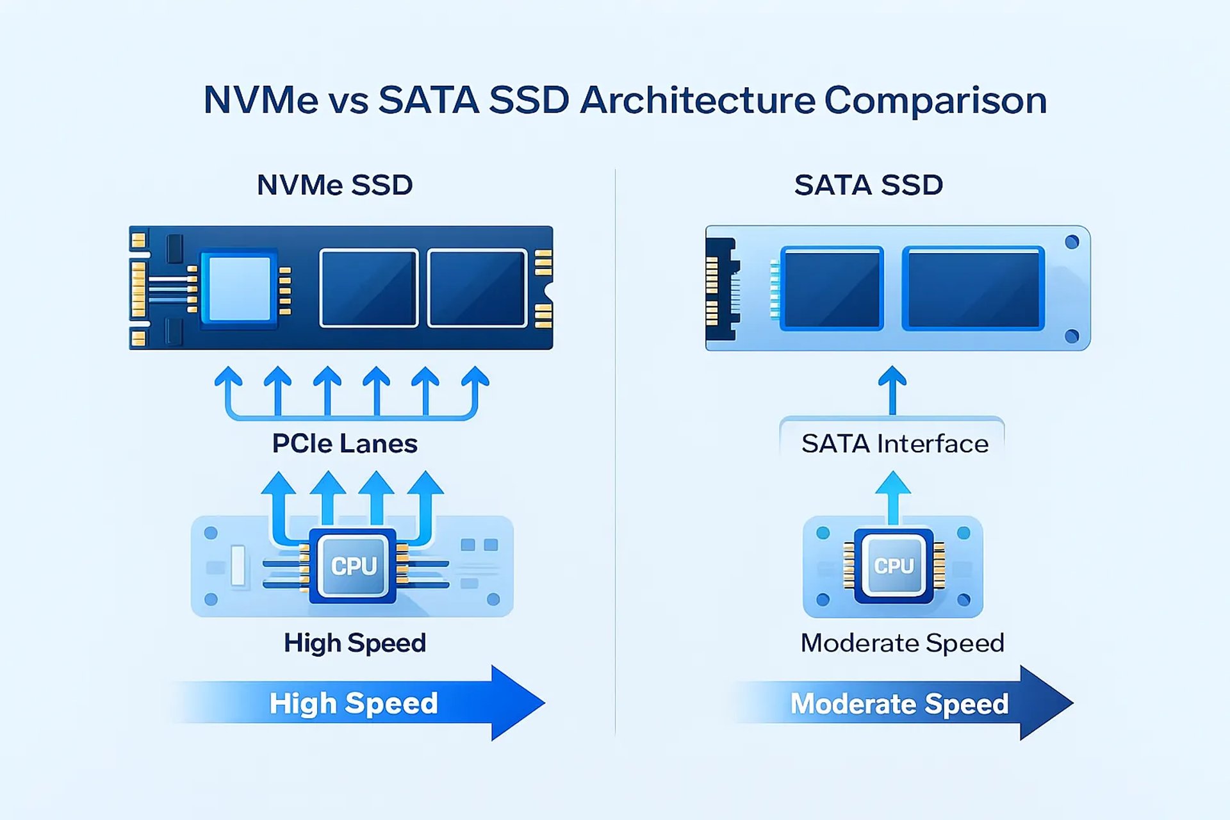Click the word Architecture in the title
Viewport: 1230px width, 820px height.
click(x=697, y=101)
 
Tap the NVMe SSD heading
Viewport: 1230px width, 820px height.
click(x=334, y=185)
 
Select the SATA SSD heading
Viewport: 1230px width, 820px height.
click(x=868, y=185)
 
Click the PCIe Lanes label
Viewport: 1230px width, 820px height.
click(x=345, y=443)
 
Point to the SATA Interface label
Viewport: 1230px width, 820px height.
click(x=894, y=443)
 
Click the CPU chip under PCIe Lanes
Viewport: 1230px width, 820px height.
click(x=353, y=566)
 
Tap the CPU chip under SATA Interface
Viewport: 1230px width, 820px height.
click(x=894, y=566)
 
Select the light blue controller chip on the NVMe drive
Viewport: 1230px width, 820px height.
click(x=240, y=288)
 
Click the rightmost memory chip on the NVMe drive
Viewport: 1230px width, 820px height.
click(x=477, y=288)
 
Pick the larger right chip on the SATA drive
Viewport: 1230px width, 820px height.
click(x=973, y=288)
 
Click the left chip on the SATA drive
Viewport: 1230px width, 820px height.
click(x=832, y=288)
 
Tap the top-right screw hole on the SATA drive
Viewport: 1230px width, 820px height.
click(x=1072, y=242)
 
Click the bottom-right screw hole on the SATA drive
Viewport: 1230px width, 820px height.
click(x=1072, y=336)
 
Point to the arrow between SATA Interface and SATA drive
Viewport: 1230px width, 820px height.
click(x=892, y=389)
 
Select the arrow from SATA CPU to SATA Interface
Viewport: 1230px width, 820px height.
click(x=893, y=496)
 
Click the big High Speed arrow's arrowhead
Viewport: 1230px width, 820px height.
click(x=516, y=703)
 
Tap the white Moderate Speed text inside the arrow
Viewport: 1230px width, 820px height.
click(x=899, y=703)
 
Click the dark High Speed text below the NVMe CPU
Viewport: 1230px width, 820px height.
click(x=355, y=643)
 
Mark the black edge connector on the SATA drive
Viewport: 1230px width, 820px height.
click(x=721, y=288)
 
